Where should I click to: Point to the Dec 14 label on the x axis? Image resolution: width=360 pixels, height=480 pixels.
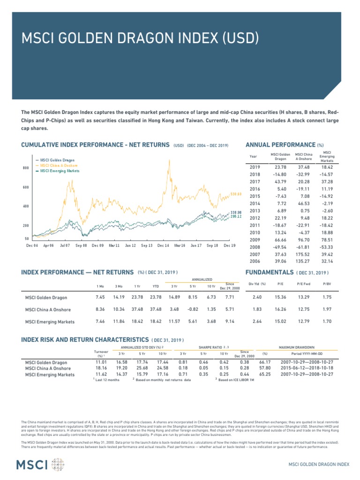(x=163, y=245)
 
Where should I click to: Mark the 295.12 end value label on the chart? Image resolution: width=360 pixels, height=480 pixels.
(x=235, y=217)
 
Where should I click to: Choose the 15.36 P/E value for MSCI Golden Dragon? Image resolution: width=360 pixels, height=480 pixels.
(x=280, y=297)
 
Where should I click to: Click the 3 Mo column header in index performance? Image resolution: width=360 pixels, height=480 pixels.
(x=119, y=286)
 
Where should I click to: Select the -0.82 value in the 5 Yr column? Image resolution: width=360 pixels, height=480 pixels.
(x=192, y=309)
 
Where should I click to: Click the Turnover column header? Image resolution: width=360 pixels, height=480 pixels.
(x=101, y=353)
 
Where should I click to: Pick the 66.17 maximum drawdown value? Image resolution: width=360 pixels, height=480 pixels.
(x=265, y=362)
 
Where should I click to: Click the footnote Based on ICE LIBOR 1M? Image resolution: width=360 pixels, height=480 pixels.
(x=236, y=380)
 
